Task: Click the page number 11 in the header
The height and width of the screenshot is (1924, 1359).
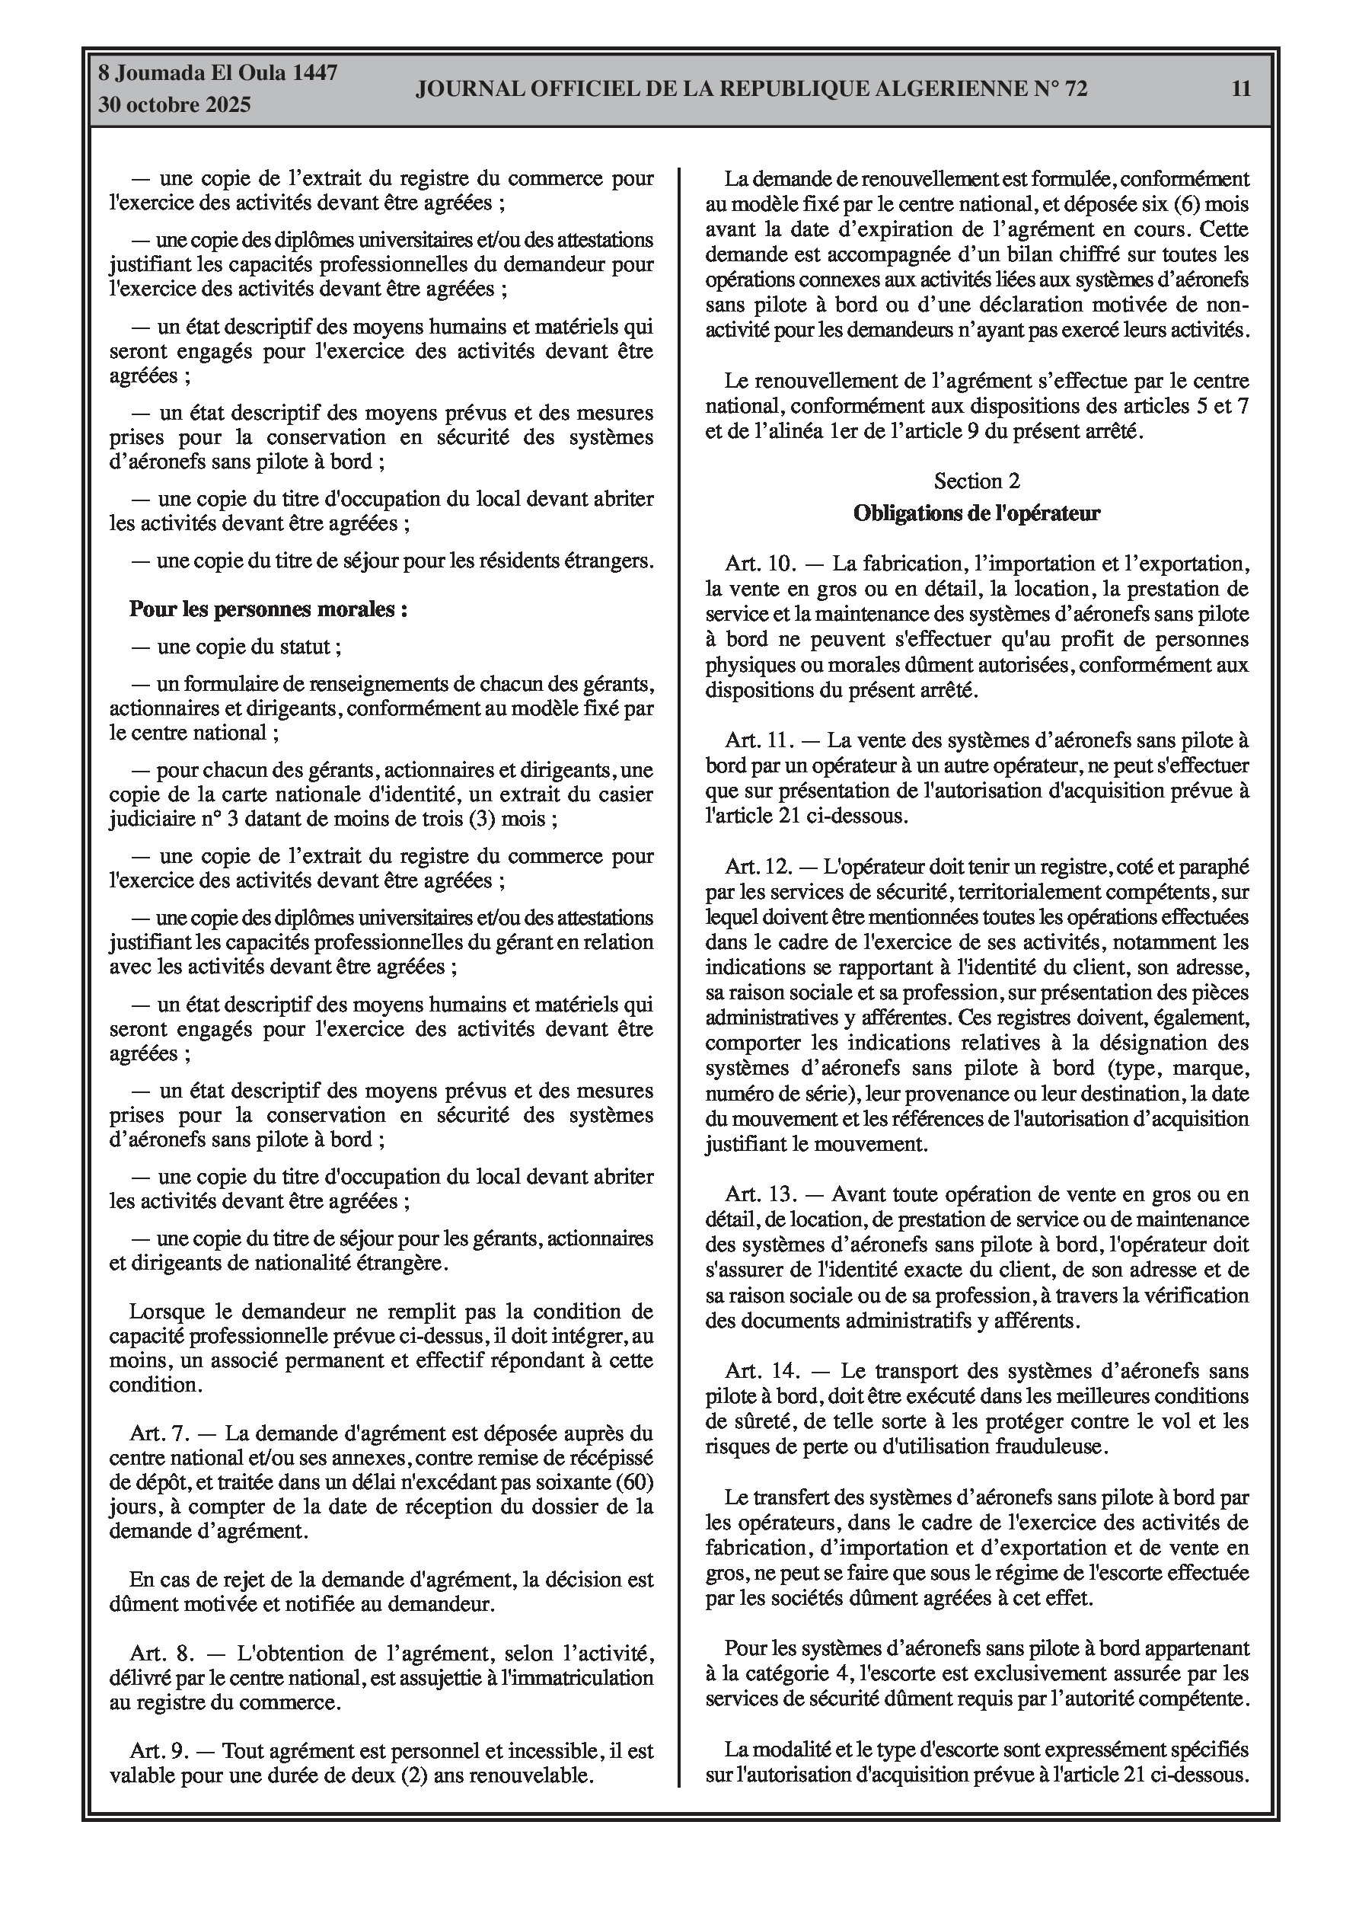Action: (x=1241, y=89)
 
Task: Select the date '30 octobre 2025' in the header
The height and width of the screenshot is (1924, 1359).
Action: (x=174, y=105)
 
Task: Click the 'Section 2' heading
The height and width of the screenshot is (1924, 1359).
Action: (x=977, y=481)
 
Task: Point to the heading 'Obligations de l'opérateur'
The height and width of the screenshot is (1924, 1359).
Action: (x=976, y=513)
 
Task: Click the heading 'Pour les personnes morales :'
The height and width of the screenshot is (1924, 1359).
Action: (x=268, y=609)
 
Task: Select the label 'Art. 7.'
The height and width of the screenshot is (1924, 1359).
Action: (x=157, y=1433)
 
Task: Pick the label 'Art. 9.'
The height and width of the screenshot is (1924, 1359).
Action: (x=157, y=1751)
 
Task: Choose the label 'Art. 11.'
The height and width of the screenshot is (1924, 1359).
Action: (x=758, y=740)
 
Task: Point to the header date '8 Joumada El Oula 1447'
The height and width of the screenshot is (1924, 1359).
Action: (x=218, y=73)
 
